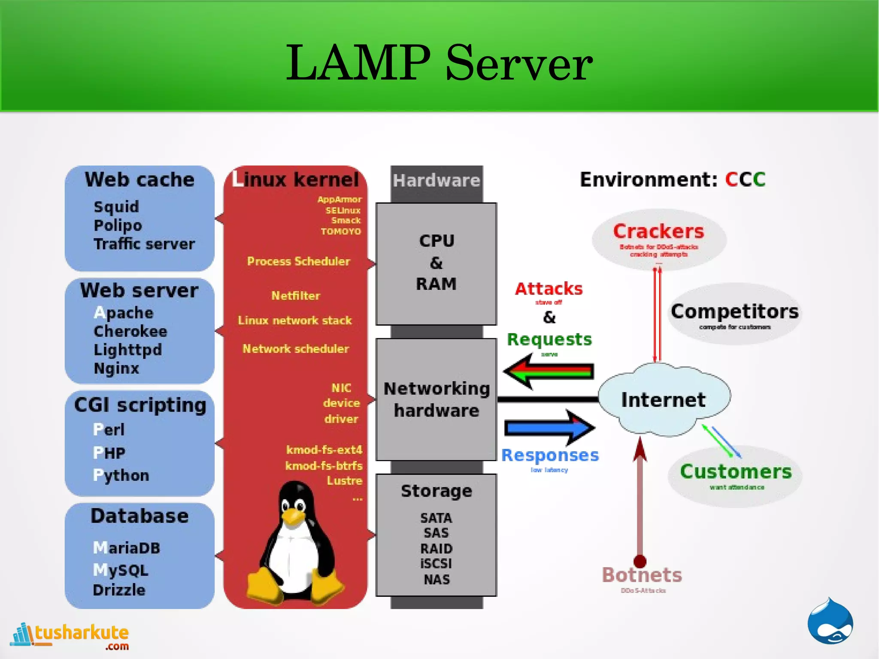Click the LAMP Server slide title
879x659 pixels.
(x=439, y=64)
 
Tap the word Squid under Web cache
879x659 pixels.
(x=116, y=207)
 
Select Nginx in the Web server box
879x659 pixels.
(x=116, y=368)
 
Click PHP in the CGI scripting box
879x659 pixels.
(x=109, y=452)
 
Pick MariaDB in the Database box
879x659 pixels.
(x=127, y=548)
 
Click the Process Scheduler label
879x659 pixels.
(x=298, y=261)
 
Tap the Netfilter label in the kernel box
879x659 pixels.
(x=296, y=296)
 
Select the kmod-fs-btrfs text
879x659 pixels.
(x=324, y=466)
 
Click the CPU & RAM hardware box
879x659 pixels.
(x=436, y=263)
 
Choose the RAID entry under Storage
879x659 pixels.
(x=436, y=549)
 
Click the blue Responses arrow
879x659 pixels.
(x=549, y=428)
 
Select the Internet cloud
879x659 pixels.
(x=663, y=400)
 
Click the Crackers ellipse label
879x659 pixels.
(x=658, y=232)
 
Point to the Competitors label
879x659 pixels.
(x=734, y=312)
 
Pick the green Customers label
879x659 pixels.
(x=736, y=472)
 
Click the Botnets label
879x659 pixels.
(x=642, y=575)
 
